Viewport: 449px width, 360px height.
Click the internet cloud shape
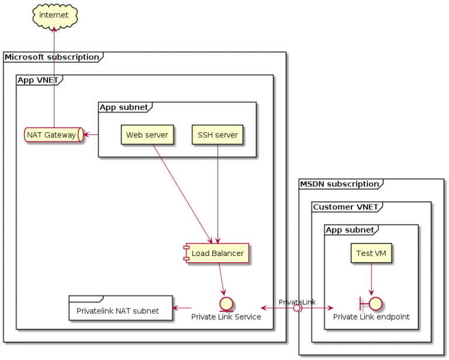coord(54,15)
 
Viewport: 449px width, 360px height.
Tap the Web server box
coord(147,135)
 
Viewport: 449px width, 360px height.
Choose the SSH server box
coord(217,135)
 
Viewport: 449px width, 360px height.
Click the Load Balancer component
coord(217,254)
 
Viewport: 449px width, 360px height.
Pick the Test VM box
coord(371,254)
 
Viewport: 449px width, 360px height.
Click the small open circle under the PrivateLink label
coord(297,308)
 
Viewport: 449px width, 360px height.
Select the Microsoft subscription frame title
coord(51,57)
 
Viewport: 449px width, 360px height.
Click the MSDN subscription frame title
coord(339,184)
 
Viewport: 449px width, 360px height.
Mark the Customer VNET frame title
coord(346,207)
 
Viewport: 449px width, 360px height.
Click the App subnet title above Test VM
coord(349,230)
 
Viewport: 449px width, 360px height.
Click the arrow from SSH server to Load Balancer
coord(217,193)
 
